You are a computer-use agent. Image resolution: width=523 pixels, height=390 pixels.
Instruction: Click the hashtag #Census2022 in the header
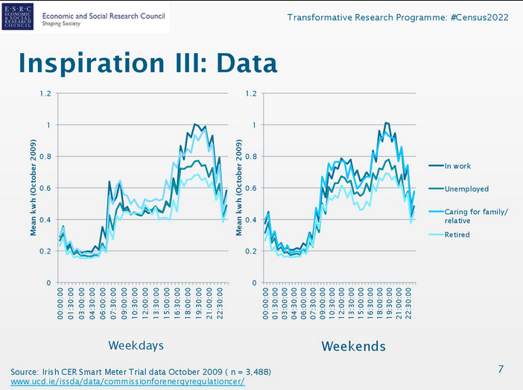pos(479,17)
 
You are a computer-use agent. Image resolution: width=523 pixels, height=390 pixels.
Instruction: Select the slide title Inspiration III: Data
pos(147,63)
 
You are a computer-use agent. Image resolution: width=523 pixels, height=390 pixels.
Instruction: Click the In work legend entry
pos(457,166)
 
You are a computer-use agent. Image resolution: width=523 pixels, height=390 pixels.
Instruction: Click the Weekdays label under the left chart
pos(136,345)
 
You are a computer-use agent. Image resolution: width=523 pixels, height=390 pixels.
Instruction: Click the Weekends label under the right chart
pos(353,346)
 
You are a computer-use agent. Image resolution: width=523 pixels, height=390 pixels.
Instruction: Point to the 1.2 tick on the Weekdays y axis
pos(46,94)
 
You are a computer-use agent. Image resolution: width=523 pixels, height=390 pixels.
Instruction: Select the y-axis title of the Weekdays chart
pos(34,188)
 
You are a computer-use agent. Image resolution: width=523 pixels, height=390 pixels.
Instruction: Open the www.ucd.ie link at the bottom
pos(127,382)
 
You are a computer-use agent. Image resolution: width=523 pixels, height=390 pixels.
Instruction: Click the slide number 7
pos(501,369)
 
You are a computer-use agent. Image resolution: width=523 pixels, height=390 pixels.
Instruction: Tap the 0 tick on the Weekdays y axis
pos(49,283)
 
